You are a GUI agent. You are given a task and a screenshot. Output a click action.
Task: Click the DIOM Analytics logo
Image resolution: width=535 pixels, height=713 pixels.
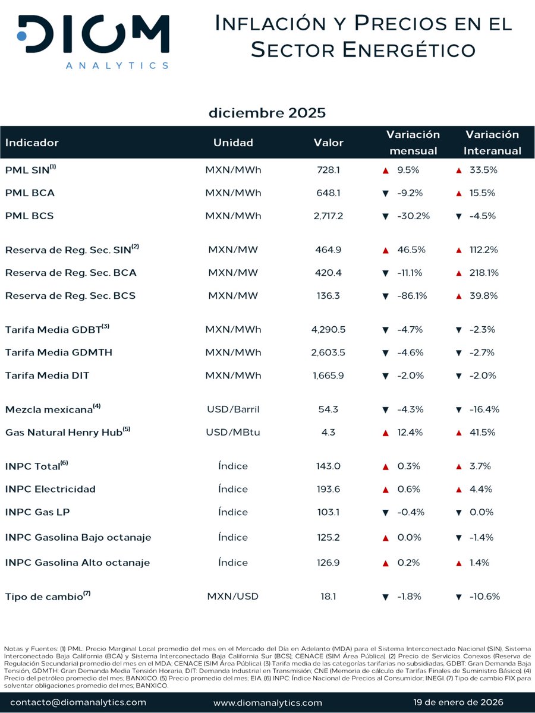[x=93, y=42]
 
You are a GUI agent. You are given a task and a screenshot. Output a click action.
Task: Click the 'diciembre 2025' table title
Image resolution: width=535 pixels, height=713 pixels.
[x=267, y=112]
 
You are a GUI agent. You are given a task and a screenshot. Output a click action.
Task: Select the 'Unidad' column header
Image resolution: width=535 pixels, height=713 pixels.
[x=233, y=143]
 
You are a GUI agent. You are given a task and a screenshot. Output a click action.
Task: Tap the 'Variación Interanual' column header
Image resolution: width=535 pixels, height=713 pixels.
[x=492, y=143]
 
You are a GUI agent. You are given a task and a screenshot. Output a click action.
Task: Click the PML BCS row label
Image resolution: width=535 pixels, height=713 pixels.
[x=29, y=216]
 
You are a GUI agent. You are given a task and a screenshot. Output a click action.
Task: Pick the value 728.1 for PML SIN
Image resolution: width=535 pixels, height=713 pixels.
[x=328, y=170]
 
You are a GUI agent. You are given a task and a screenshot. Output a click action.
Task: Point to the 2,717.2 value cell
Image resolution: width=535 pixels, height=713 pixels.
[x=328, y=216]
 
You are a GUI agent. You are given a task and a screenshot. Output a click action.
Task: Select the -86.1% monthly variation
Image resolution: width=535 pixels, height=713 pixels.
[x=411, y=296]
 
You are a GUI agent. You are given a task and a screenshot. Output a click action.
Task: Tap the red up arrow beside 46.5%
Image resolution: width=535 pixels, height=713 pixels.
[x=385, y=250]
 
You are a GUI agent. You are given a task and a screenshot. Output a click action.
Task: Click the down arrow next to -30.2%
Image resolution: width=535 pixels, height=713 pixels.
[x=385, y=216]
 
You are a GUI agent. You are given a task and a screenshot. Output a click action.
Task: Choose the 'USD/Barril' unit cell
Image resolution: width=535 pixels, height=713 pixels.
[x=233, y=409]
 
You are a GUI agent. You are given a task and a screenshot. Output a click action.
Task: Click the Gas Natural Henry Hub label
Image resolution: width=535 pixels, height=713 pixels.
[x=66, y=432]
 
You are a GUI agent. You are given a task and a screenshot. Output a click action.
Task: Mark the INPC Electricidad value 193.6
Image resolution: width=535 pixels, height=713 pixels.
[x=328, y=489]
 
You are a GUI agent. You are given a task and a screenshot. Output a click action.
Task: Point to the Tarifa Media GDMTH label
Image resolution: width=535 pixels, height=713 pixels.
[x=58, y=352]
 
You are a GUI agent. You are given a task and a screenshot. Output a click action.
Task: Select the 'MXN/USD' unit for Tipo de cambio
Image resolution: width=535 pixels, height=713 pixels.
[x=233, y=596]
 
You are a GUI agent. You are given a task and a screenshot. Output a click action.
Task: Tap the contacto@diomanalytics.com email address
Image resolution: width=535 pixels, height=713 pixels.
[x=78, y=702]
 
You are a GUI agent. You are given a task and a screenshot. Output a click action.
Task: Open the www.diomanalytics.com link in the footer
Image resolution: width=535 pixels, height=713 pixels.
[x=267, y=702]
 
